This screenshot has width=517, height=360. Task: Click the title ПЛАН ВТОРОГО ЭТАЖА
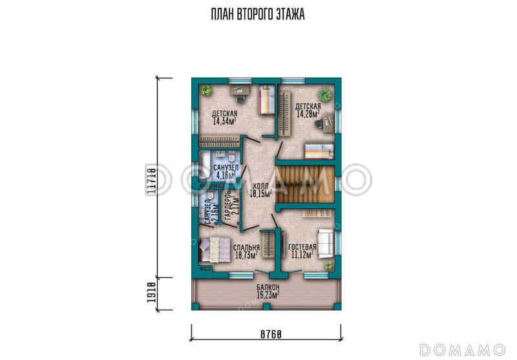[257, 14]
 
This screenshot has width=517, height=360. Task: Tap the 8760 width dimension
[271, 335]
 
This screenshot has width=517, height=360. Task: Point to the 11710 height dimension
[151, 179]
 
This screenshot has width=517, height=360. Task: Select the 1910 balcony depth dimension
[151, 293]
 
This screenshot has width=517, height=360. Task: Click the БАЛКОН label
[268, 287]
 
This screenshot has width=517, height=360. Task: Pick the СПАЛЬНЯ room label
[246, 248]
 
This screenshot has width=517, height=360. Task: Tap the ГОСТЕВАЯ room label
[302, 248]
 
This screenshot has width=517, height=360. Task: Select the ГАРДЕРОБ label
[227, 206]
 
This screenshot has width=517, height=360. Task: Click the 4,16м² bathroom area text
[226, 175]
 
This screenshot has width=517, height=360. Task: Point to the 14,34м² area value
[224, 121]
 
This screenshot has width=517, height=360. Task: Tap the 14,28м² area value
[308, 114]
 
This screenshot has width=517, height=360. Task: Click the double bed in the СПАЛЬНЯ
[214, 249]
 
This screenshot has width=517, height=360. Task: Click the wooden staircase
[305, 185]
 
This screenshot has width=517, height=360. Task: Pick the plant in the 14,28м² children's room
[324, 94]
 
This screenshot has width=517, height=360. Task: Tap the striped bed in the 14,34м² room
[266, 100]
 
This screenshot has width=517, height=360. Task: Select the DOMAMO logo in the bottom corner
[463, 349]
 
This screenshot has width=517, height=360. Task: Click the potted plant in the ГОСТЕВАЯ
[328, 265]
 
